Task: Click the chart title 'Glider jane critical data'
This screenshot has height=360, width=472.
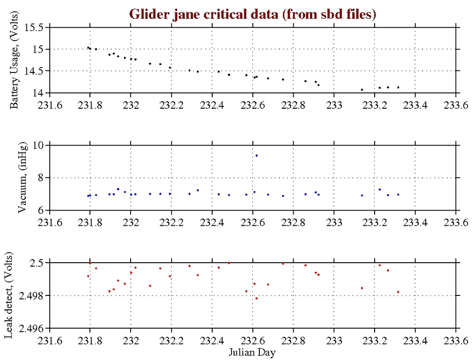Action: click(x=253, y=14)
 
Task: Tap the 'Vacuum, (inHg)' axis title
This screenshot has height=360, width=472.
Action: click(x=22, y=178)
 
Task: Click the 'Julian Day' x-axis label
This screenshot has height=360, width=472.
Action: click(x=253, y=352)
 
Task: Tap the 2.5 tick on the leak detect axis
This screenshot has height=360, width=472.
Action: click(x=36, y=263)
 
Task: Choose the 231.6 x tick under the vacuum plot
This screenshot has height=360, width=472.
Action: click(x=50, y=222)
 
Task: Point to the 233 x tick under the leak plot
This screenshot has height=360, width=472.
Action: click(x=334, y=340)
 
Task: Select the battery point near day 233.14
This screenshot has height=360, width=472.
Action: click(x=362, y=90)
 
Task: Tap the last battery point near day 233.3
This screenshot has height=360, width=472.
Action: click(x=398, y=87)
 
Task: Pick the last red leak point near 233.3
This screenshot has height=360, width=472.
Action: click(x=398, y=292)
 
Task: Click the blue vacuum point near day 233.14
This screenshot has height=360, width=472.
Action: click(x=362, y=195)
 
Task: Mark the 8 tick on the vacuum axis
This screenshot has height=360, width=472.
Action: click(x=41, y=178)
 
